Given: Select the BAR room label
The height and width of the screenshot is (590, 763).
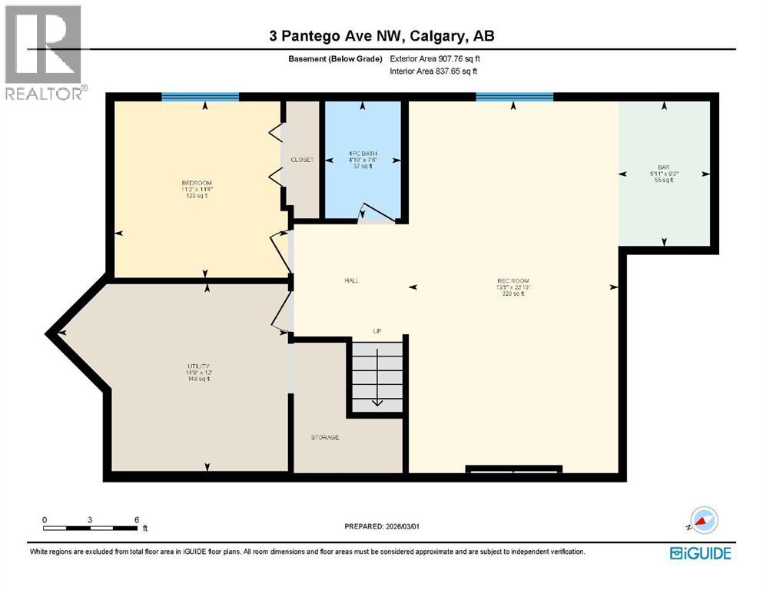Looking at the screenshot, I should [663, 167].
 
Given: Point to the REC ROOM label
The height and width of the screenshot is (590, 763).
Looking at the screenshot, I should [513, 280].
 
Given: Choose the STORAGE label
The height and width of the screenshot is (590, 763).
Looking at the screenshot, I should [325, 437].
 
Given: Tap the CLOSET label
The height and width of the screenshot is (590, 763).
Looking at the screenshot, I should [302, 160].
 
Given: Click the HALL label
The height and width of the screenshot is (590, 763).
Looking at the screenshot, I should [352, 280].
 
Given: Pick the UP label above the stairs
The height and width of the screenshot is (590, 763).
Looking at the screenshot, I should [377, 331].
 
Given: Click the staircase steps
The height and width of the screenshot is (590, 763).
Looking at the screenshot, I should [377, 376].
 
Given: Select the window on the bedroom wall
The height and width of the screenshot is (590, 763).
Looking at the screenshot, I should [200, 97].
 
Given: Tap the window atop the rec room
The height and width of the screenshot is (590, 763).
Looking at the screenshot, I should [514, 97].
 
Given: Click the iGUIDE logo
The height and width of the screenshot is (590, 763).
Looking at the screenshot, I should [700, 553].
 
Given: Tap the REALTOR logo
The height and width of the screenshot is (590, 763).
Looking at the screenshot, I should [44, 52].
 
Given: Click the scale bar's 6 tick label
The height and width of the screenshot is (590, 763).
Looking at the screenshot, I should [136, 519].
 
